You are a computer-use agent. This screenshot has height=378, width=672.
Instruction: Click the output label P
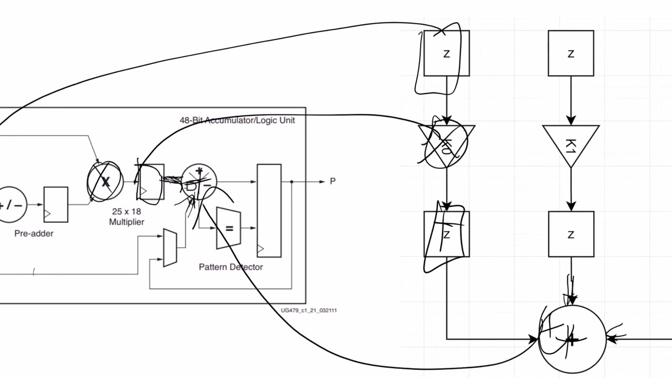click(332, 182)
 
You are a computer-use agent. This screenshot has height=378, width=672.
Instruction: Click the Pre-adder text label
click(34, 234)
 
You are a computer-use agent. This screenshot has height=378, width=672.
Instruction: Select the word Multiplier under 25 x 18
click(127, 222)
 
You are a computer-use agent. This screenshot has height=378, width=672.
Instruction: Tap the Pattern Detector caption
click(230, 267)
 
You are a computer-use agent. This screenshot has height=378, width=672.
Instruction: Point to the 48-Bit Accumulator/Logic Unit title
click(237, 120)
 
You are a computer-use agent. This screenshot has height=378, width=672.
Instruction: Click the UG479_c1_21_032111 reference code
click(309, 310)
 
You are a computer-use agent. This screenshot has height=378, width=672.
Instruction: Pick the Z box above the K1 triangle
click(571, 53)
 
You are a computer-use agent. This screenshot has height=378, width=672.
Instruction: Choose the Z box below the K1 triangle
click(571, 234)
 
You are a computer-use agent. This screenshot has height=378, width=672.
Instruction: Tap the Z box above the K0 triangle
click(446, 53)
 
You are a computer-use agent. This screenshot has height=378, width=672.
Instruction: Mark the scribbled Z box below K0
click(446, 234)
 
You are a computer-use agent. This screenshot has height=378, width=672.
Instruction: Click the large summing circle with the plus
click(572, 339)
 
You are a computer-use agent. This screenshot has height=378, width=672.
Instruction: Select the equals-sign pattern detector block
click(228, 228)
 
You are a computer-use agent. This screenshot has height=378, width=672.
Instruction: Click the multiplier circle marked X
click(106, 182)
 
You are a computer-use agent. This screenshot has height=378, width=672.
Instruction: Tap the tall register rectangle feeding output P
click(269, 211)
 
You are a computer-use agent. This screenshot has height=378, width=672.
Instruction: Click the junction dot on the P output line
click(291, 182)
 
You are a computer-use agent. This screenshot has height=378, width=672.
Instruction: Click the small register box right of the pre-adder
click(56, 204)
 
